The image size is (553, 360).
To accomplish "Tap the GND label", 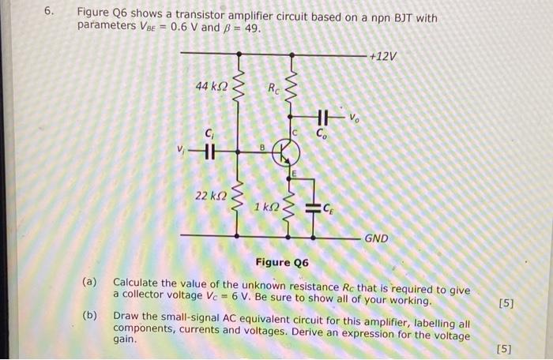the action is pos(376,237).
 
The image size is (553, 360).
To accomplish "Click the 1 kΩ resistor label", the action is pos(265,206).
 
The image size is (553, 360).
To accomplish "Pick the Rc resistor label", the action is pos(273,87).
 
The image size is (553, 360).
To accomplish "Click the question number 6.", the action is pos(48,13).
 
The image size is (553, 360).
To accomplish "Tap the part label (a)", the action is pos(91,282).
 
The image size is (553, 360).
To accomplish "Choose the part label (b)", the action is pos(91,316).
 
